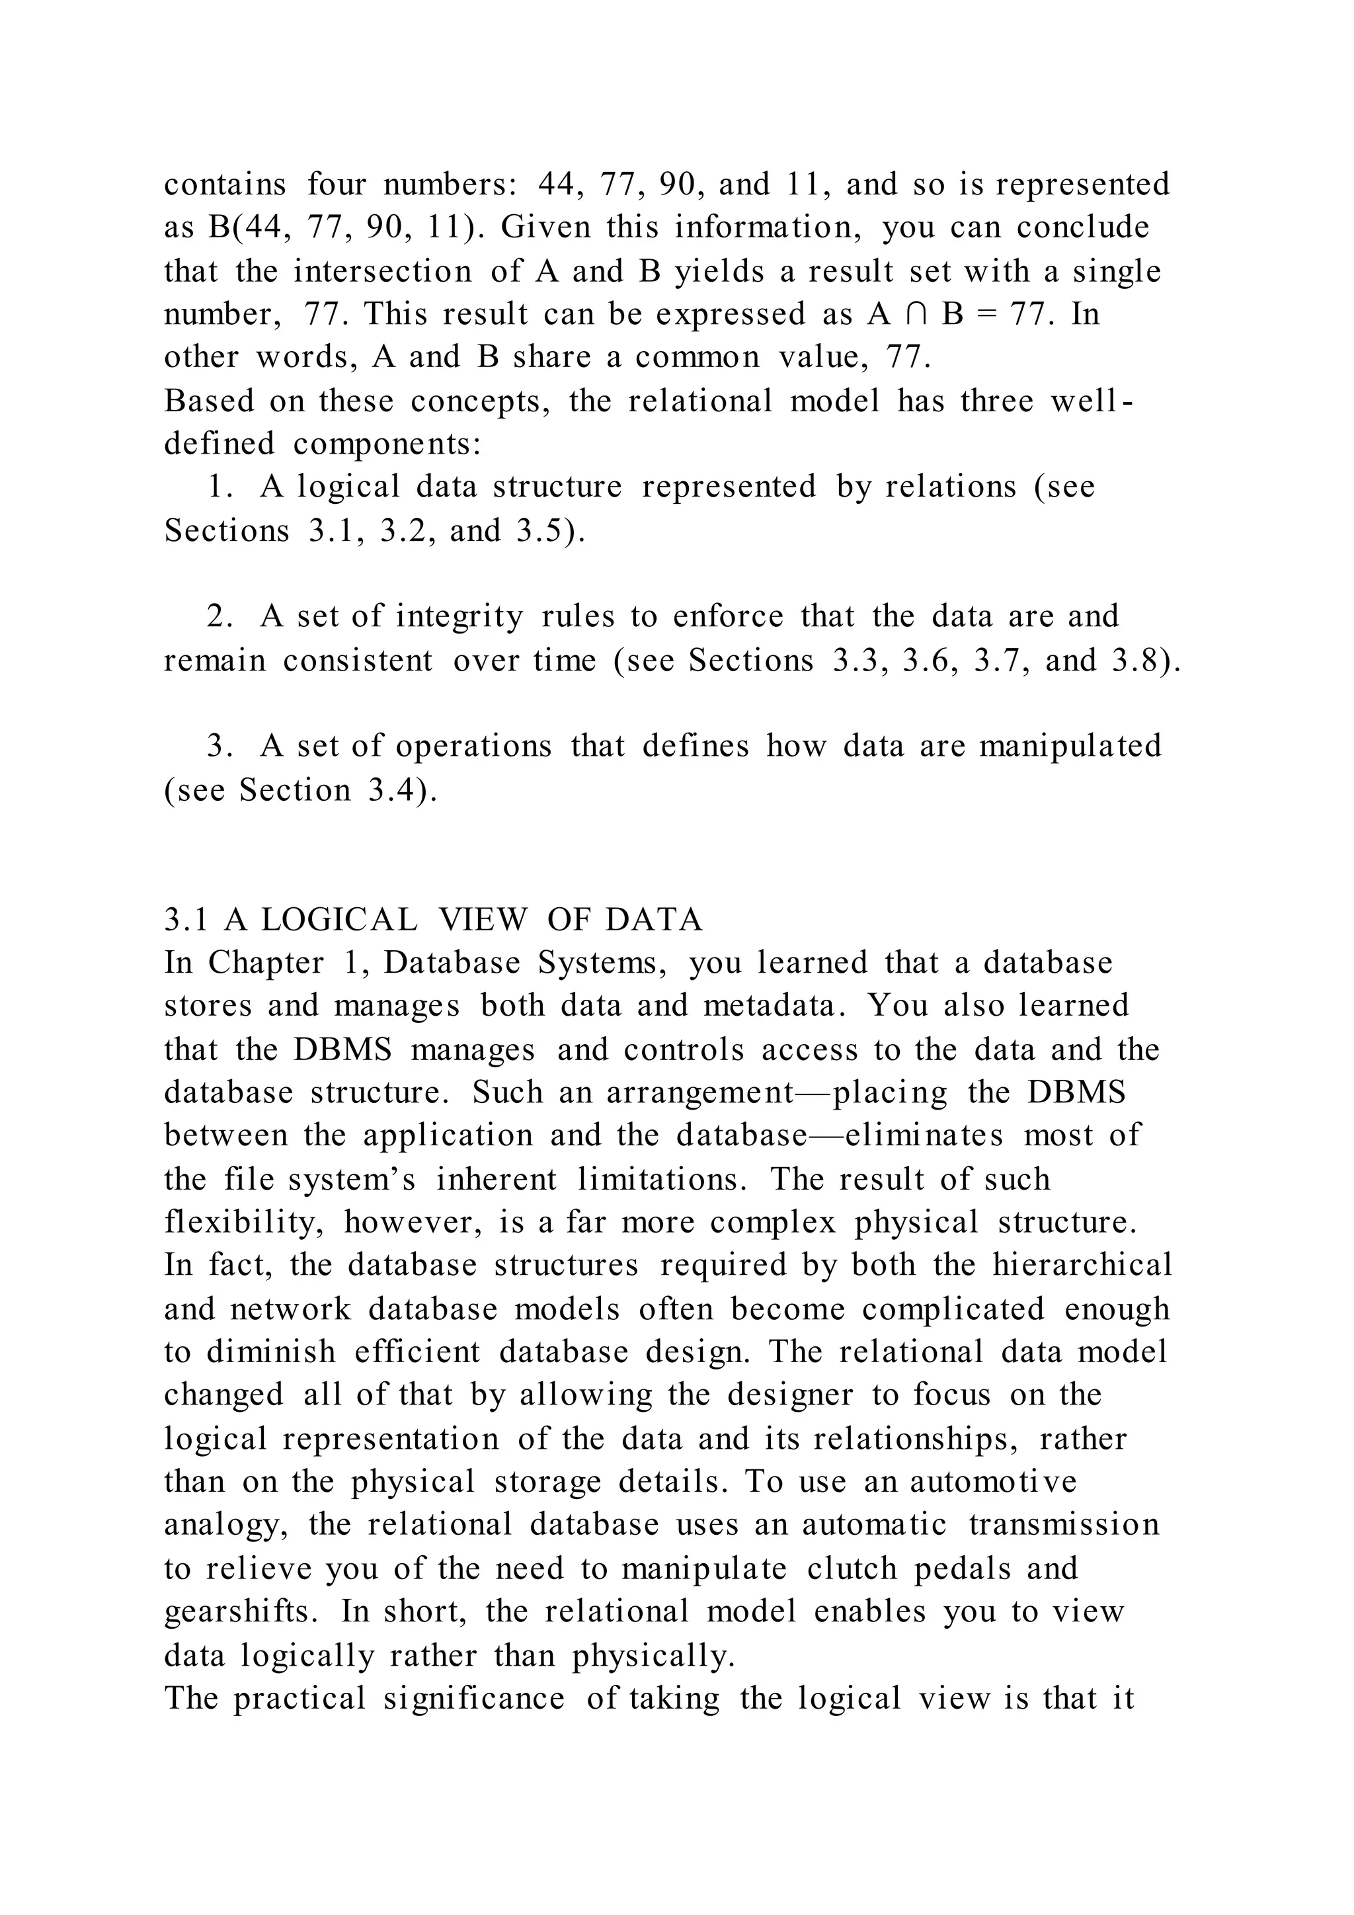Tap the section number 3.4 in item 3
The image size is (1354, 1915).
coord(393,790)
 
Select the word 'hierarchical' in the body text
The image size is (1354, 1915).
coord(1082,1265)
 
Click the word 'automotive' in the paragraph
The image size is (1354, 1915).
coord(993,1482)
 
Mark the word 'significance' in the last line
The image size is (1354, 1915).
coord(473,1698)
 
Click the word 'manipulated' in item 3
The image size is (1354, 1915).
coord(1070,746)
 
